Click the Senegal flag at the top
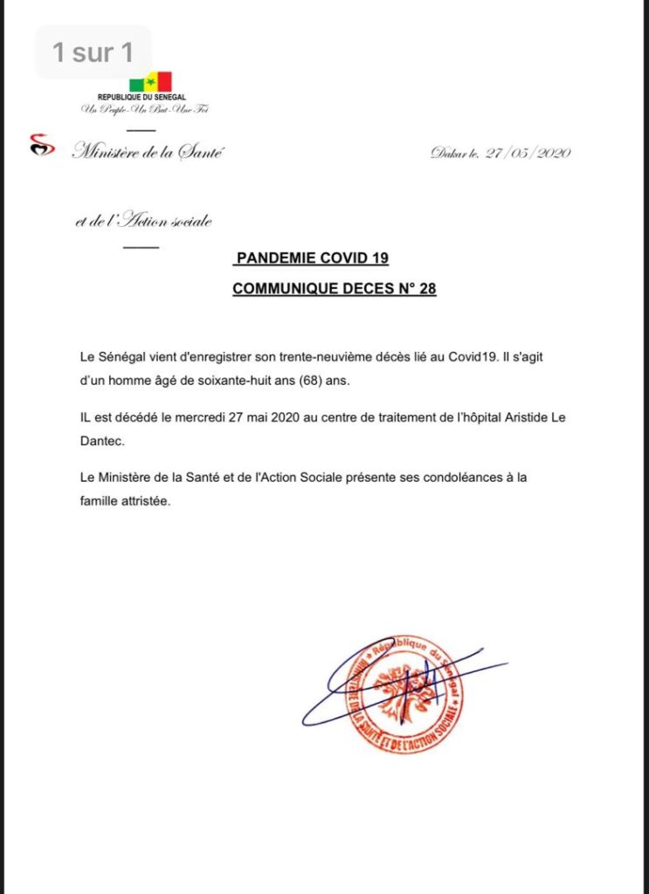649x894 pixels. pyautogui.click(x=150, y=82)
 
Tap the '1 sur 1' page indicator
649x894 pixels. pyautogui.click(x=93, y=52)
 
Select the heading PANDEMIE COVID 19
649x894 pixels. pyautogui.click(x=312, y=258)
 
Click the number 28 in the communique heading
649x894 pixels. pyautogui.click(x=427, y=289)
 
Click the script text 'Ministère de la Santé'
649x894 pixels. pyautogui.click(x=148, y=153)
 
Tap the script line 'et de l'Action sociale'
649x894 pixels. pyautogui.click(x=144, y=221)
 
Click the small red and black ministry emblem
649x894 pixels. pyautogui.click(x=42, y=144)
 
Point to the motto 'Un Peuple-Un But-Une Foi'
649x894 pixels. pyautogui.click(x=145, y=109)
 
